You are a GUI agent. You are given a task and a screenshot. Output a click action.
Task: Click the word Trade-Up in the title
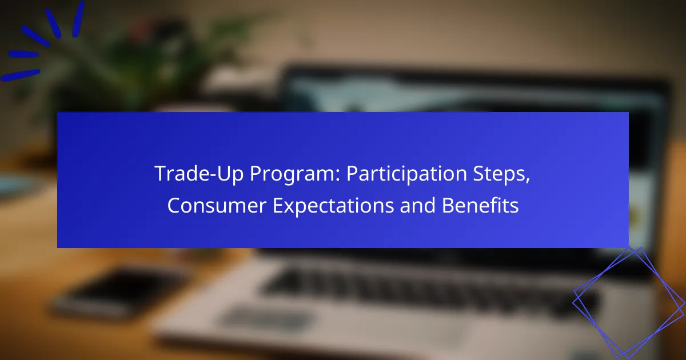coord(199,173)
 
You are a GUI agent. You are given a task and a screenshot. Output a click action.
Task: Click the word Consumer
coord(217,205)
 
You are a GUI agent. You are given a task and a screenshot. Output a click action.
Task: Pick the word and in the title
coord(418,205)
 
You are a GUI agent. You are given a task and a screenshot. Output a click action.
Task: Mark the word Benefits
coord(480,205)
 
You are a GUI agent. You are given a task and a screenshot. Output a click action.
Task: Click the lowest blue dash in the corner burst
coord(21,75)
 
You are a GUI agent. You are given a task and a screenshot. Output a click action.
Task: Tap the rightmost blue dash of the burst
coord(78,19)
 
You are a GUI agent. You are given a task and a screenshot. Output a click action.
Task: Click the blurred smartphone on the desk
coord(117,293)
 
